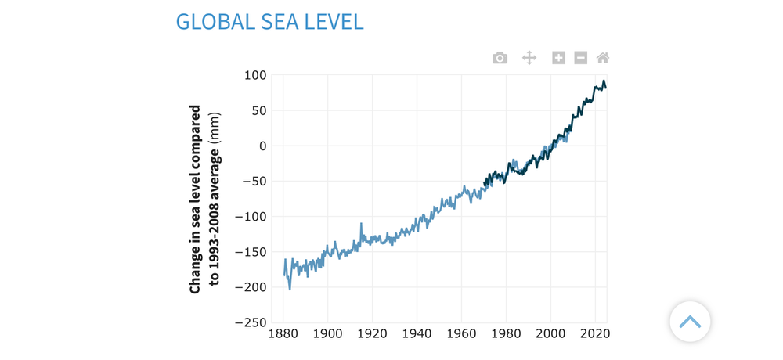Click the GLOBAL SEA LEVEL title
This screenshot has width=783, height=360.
point(269,21)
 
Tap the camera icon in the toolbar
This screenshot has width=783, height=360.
point(500,58)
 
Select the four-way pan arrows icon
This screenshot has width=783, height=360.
point(529,58)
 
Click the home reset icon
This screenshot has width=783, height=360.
point(603,58)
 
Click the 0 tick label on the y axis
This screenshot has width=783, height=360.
point(262,146)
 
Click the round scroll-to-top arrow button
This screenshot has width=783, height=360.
point(690,322)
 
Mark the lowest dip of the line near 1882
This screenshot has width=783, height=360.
point(290,289)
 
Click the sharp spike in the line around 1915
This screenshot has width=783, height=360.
point(361,224)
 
